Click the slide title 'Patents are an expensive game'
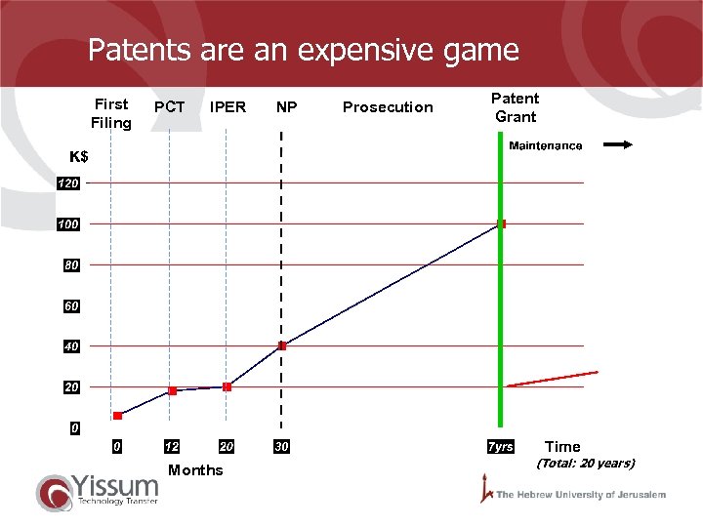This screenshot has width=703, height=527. pyautogui.click(x=303, y=50)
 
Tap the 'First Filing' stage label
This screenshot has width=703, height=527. pyautogui.click(x=110, y=113)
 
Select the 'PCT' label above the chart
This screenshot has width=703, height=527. pyautogui.click(x=170, y=107)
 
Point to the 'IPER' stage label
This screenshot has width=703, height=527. pyautogui.click(x=227, y=107)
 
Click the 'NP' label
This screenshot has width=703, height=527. pyautogui.click(x=286, y=107)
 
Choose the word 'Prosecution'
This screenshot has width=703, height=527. pyautogui.click(x=388, y=107)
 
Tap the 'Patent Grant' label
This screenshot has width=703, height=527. pyautogui.click(x=515, y=107)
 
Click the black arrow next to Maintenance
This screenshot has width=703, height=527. pyautogui.click(x=618, y=145)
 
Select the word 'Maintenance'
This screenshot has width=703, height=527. pyautogui.click(x=546, y=146)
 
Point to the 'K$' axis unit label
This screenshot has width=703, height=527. pyautogui.click(x=79, y=157)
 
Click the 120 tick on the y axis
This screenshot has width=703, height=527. pyautogui.click(x=67, y=183)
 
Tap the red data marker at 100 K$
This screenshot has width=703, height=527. pyautogui.click(x=502, y=223)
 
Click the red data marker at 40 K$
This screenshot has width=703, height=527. pyautogui.click(x=282, y=345)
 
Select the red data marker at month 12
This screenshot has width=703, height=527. pyautogui.click(x=172, y=390)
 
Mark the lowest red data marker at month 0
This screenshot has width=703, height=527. pyautogui.click(x=117, y=416)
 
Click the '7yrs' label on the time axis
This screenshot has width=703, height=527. pyautogui.click(x=500, y=447)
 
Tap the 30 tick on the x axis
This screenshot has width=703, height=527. pyautogui.click(x=282, y=447)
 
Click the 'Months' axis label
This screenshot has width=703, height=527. pyautogui.click(x=195, y=470)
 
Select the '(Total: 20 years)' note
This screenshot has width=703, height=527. pyautogui.click(x=586, y=464)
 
